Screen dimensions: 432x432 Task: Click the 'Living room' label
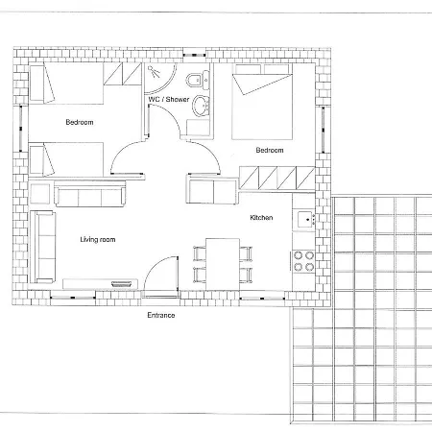[x=98, y=240]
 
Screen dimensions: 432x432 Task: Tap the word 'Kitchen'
[x=261, y=218]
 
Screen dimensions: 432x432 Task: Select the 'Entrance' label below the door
[x=161, y=315]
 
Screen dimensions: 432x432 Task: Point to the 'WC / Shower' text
[x=169, y=99]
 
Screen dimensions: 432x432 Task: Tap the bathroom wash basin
[x=201, y=106]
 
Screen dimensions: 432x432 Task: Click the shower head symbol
[x=154, y=72]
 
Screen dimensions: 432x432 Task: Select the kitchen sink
[x=304, y=220]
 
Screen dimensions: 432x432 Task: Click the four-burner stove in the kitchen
[x=303, y=261]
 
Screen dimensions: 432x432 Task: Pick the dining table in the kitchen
[x=223, y=264]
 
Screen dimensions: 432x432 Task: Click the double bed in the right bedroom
[x=262, y=102]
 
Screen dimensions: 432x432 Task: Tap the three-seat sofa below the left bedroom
[x=90, y=194]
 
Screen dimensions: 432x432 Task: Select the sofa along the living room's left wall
[x=42, y=247]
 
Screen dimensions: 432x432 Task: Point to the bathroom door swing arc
[x=170, y=115]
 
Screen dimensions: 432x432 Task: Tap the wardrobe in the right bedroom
[x=277, y=178]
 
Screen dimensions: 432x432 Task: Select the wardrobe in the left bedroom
[x=122, y=74]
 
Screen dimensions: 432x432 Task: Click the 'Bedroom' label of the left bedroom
[x=80, y=122]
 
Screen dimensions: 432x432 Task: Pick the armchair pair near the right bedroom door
[x=211, y=191]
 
